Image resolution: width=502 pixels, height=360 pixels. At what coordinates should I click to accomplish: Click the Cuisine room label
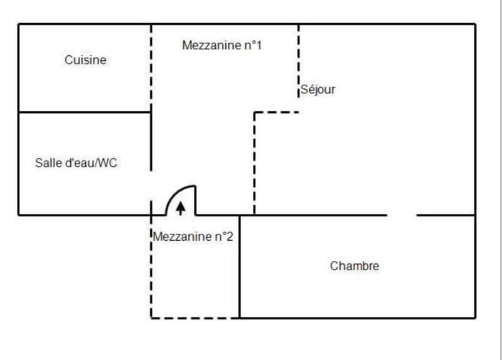click(x=85, y=60)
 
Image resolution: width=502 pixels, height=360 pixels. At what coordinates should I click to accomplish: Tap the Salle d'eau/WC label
click(x=76, y=163)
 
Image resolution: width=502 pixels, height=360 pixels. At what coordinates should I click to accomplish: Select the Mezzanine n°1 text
click(x=222, y=46)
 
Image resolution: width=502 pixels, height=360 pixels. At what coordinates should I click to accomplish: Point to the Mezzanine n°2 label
click(x=193, y=237)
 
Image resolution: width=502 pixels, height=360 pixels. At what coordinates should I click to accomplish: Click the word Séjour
click(x=318, y=90)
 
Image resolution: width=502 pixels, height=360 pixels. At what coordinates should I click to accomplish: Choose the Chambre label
click(x=355, y=266)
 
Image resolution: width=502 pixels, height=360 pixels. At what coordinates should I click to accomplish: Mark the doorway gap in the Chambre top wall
click(x=402, y=215)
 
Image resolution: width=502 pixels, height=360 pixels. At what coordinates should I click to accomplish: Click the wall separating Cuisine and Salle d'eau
click(x=85, y=112)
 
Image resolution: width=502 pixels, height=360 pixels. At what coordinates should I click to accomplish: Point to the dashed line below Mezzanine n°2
click(x=195, y=318)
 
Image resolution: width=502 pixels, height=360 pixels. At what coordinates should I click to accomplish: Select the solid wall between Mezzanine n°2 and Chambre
click(x=240, y=267)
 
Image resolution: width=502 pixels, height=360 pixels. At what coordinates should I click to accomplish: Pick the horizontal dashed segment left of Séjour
click(x=276, y=112)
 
